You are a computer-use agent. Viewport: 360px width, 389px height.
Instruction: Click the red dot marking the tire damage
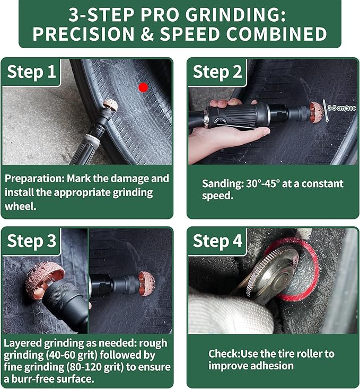point(143,87)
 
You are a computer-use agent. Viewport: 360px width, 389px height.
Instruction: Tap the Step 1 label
point(31,72)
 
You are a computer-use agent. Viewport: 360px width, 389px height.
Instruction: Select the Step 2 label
point(217,72)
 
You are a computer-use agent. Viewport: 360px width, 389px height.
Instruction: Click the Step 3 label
point(31,241)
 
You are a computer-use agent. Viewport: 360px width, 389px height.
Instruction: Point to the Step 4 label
point(217,241)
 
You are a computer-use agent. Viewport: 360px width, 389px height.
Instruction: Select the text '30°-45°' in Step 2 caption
point(265,184)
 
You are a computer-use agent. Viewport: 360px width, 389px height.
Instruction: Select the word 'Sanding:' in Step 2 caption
point(221,184)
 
